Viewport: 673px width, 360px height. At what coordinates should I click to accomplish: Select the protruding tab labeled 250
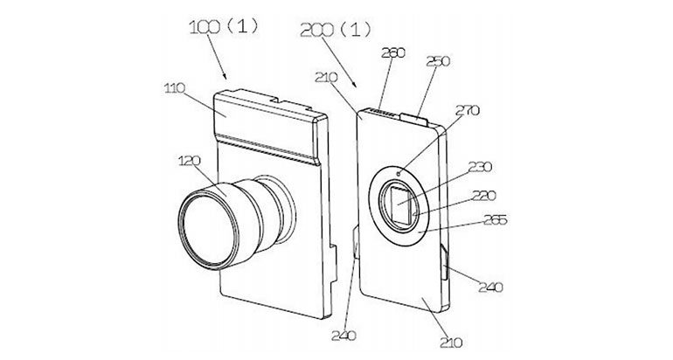click(417, 116)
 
